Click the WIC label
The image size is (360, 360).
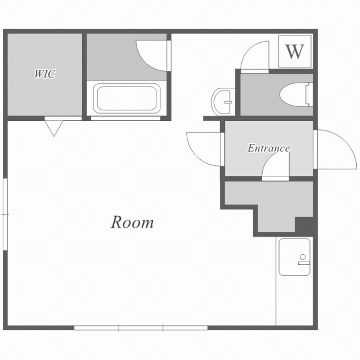pyautogui.click(x=45, y=74)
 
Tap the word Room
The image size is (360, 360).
pyautogui.click(x=132, y=222)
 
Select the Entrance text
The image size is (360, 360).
pyautogui.click(x=268, y=148)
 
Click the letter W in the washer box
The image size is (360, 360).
pyautogui.click(x=295, y=52)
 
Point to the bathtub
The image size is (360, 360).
pyautogui.click(x=127, y=98)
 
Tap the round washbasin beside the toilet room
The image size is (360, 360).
pyautogui.click(x=223, y=101)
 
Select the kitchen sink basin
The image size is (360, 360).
pyautogui.click(x=295, y=257)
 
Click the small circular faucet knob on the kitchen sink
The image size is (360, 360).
pyautogui.click(x=303, y=257)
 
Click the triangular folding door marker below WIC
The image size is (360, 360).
pyautogui.click(x=54, y=128)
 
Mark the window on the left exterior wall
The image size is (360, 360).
pyautogui.click(x=5, y=214)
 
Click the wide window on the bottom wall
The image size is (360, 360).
pyautogui.click(x=141, y=328)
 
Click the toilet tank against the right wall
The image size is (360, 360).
pyautogui.click(x=309, y=94)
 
